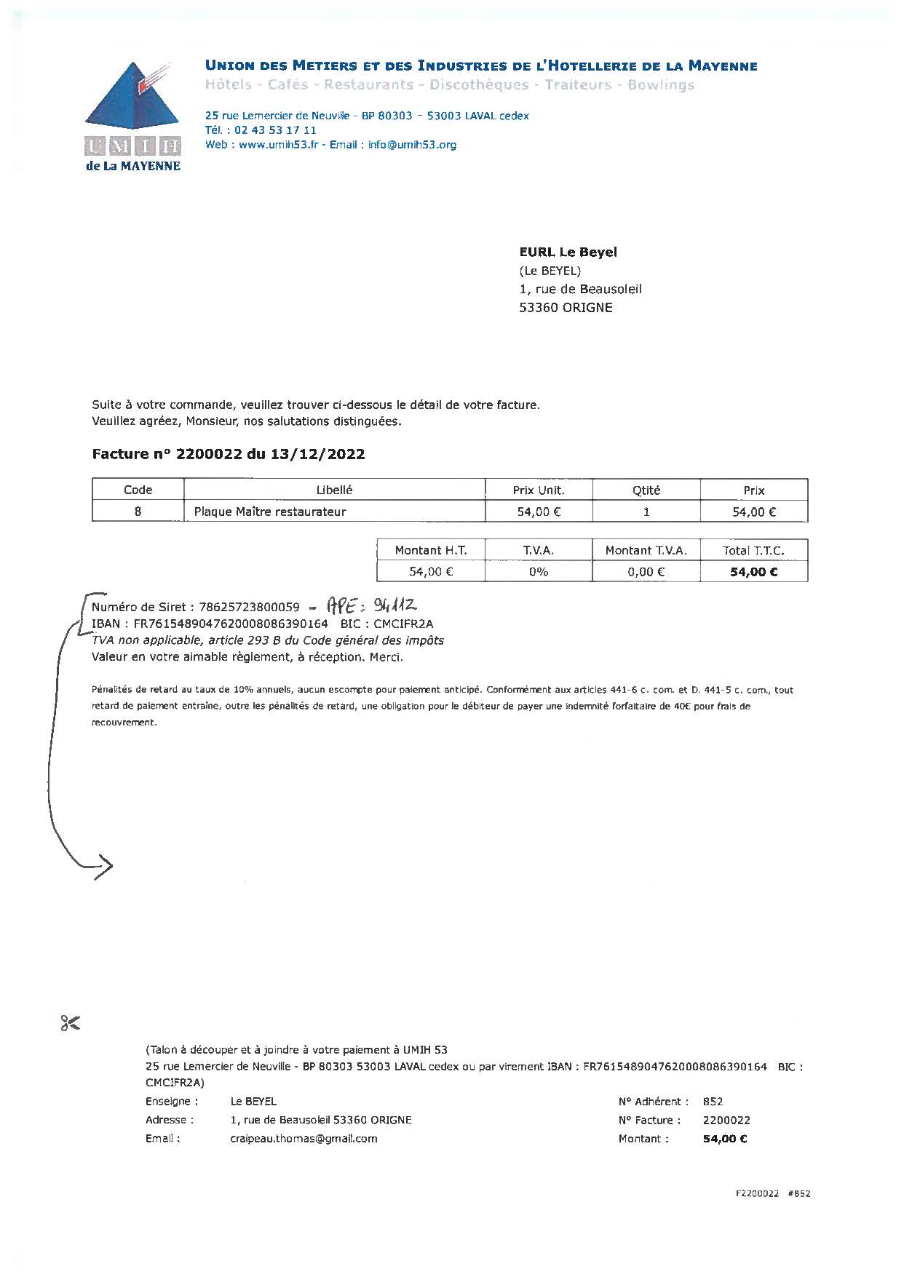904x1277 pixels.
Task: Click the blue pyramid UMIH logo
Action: click(132, 103)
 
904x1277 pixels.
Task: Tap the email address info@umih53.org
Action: click(412, 145)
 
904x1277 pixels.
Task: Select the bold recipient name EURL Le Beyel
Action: click(568, 252)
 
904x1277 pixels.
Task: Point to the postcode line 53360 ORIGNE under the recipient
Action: click(566, 308)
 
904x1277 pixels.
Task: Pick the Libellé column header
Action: click(334, 490)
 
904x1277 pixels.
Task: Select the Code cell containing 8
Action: click(138, 512)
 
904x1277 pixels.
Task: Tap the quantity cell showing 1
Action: click(646, 512)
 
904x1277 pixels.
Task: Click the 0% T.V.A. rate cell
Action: click(538, 572)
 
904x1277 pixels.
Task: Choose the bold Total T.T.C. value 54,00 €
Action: click(753, 572)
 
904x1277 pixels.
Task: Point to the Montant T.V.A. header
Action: click(646, 551)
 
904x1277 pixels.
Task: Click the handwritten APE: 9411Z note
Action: click(371, 605)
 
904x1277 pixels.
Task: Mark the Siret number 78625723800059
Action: click(249, 608)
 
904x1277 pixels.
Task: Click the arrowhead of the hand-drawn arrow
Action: click(106, 865)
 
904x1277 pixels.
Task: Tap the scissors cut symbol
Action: click(71, 1023)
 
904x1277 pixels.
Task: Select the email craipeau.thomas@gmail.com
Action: click(304, 1139)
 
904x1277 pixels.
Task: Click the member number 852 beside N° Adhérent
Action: click(713, 1102)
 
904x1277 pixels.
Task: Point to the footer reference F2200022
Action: click(757, 1194)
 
